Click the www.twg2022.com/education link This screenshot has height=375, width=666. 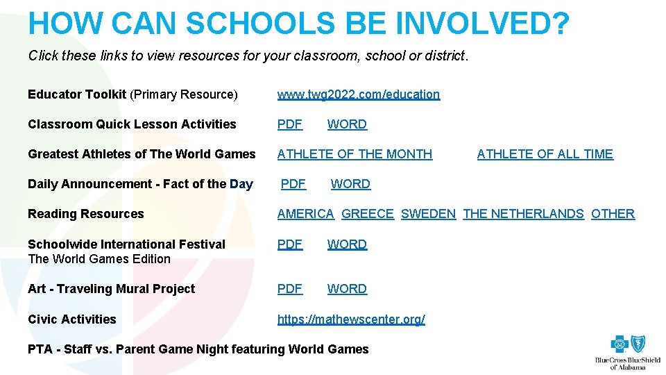[358, 94]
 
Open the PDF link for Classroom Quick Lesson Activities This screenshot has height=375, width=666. [289, 124]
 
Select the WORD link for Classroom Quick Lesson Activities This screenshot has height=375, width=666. [347, 124]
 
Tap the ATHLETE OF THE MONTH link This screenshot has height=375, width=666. [355, 154]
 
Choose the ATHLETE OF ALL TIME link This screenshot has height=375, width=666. [545, 154]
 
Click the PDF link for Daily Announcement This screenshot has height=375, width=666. [293, 184]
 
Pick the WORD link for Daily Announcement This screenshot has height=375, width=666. [350, 184]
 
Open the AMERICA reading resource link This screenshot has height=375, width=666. [305, 214]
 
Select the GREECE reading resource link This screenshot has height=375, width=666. [368, 214]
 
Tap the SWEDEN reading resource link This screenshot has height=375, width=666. [428, 214]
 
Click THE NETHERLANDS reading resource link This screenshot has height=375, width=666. [523, 214]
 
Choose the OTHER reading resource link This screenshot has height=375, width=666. [613, 214]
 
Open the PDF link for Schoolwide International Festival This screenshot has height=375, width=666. [289, 244]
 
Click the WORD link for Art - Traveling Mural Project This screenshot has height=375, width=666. [347, 289]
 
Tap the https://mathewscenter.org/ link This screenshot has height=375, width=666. [351, 319]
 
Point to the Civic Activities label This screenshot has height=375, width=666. [72, 319]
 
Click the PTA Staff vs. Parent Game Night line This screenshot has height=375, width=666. [198, 349]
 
